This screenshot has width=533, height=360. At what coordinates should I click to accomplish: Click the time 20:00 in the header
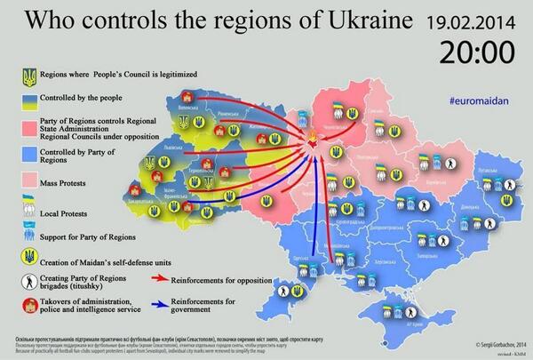(475, 51)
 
